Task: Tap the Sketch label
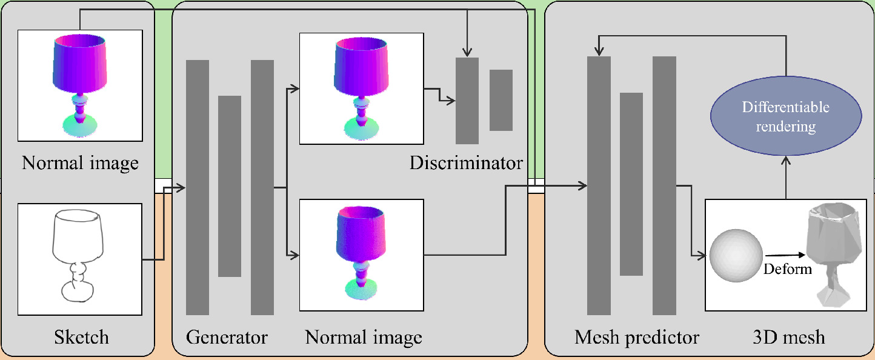(x=82, y=336)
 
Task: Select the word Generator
(x=227, y=336)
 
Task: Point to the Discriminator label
(x=465, y=162)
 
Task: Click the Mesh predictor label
(x=636, y=336)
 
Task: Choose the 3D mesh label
(x=787, y=336)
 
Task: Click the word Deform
(x=787, y=268)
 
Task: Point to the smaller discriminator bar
(x=501, y=100)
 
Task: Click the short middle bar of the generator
(x=229, y=186)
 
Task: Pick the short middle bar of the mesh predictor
(x=631, y=184)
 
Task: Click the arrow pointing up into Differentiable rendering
(x=786, y=160)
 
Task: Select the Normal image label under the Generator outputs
(x=364, y=336)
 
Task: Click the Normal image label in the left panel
(x=80, y=162)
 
